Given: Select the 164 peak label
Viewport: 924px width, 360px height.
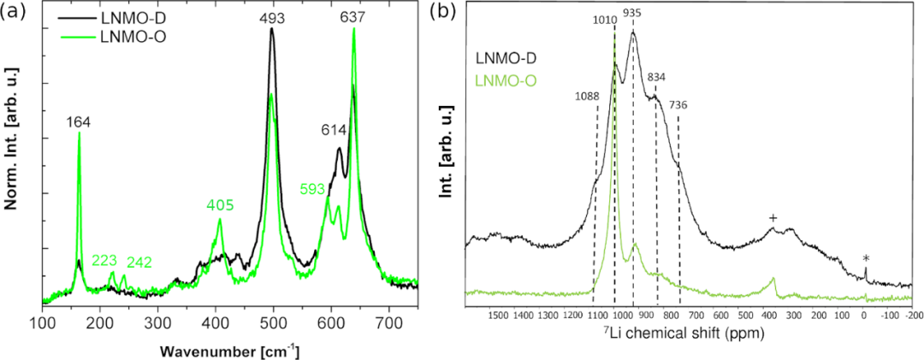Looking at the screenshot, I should [x=80, y=123].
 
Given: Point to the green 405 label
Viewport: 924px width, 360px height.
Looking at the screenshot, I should [x=219, y=204].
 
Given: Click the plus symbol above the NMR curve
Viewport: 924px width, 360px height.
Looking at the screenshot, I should [x=773, y=218].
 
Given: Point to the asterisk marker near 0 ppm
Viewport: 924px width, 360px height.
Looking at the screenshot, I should [x=866, y=258].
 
